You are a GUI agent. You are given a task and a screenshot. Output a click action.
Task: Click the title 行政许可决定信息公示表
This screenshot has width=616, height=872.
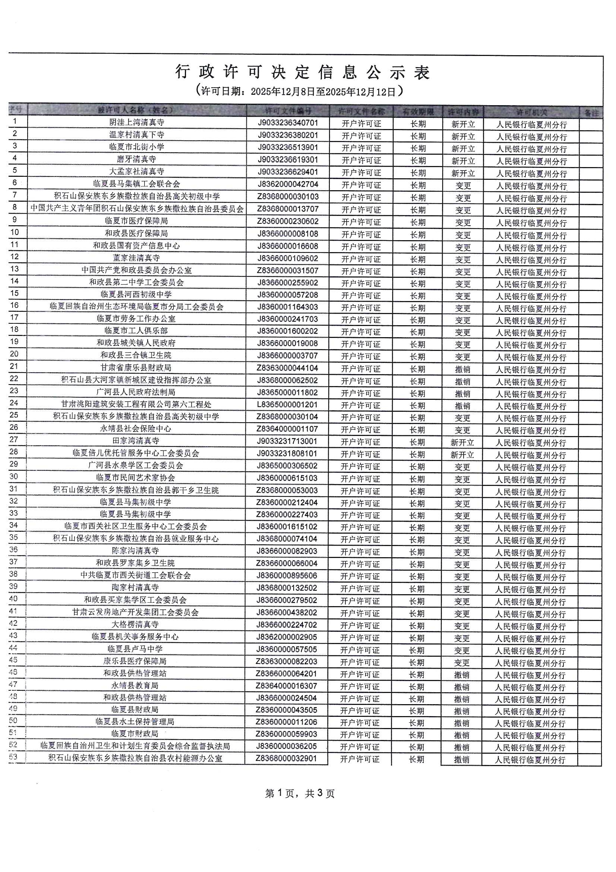click(302, 72)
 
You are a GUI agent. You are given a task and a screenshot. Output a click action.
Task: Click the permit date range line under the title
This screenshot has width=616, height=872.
click(299, 91)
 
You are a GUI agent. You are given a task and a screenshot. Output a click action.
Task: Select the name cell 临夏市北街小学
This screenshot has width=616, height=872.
click(137, 147)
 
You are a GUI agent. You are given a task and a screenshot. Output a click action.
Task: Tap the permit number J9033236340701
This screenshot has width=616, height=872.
click(288, 123)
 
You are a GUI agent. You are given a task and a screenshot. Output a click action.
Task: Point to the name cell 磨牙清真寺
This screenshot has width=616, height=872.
click(137, 159)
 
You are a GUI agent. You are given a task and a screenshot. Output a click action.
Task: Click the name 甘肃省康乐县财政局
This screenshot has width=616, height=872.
click(136, 368)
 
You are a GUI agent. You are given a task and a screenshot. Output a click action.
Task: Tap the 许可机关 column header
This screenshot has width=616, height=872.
click(531, 112)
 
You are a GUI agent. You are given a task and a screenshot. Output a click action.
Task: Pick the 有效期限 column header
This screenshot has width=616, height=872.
click(418, 112)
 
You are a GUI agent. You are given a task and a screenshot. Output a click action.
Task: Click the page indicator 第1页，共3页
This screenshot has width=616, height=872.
click(300, 793)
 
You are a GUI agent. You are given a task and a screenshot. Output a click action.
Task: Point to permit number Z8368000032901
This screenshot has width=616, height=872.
click(287, 759)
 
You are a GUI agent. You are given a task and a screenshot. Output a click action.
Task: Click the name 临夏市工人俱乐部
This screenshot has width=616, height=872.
click(136, 331)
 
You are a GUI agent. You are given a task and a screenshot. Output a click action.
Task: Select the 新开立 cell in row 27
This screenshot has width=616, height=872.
click(462, 442)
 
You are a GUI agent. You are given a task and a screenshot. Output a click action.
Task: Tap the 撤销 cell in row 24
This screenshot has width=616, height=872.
click(462, 406)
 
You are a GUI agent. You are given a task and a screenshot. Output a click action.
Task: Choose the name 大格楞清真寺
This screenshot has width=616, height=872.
click(135, 624)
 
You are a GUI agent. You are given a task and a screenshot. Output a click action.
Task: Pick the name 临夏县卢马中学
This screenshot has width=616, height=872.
click(135, 649)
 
